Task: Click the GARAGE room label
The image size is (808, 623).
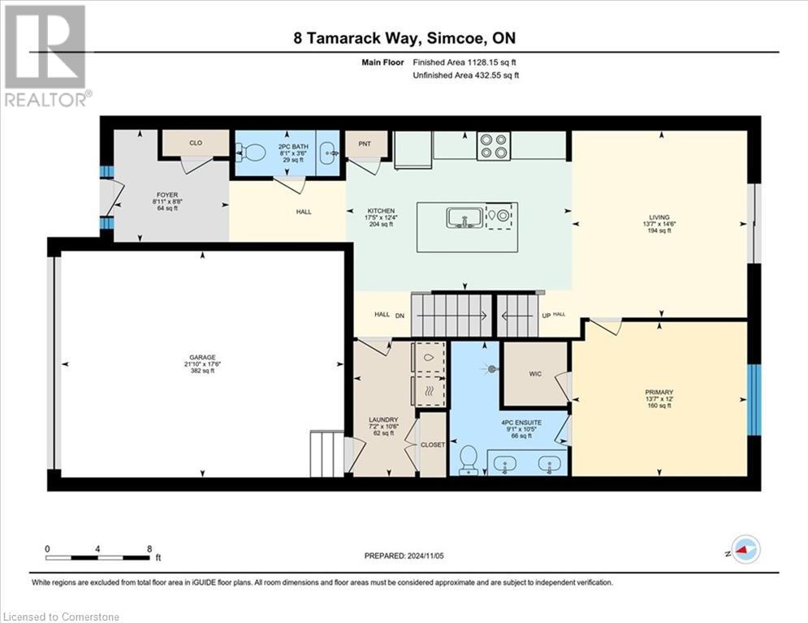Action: [x=202, y=356]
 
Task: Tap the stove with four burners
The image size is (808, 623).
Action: [x=493, y=146]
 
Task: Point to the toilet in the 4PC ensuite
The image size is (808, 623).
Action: [x=468, y=458]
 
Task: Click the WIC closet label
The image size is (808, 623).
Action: [x=534, y=374]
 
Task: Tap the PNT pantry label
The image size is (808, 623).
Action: [x=365, y=144]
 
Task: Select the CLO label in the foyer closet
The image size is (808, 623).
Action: [x=196, y=143]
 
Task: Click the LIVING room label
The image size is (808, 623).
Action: [x=659, y=217]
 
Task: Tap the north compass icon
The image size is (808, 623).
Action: [x=744, y=549]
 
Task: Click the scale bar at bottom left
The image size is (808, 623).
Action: [x=97, y=557]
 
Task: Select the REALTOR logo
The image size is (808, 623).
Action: [x=45, y=55]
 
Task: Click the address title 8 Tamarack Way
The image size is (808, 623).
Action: [x=403, y=37]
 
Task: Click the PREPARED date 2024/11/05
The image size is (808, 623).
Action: [x=404, y=556]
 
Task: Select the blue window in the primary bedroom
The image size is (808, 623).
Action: [x=754, y=398]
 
